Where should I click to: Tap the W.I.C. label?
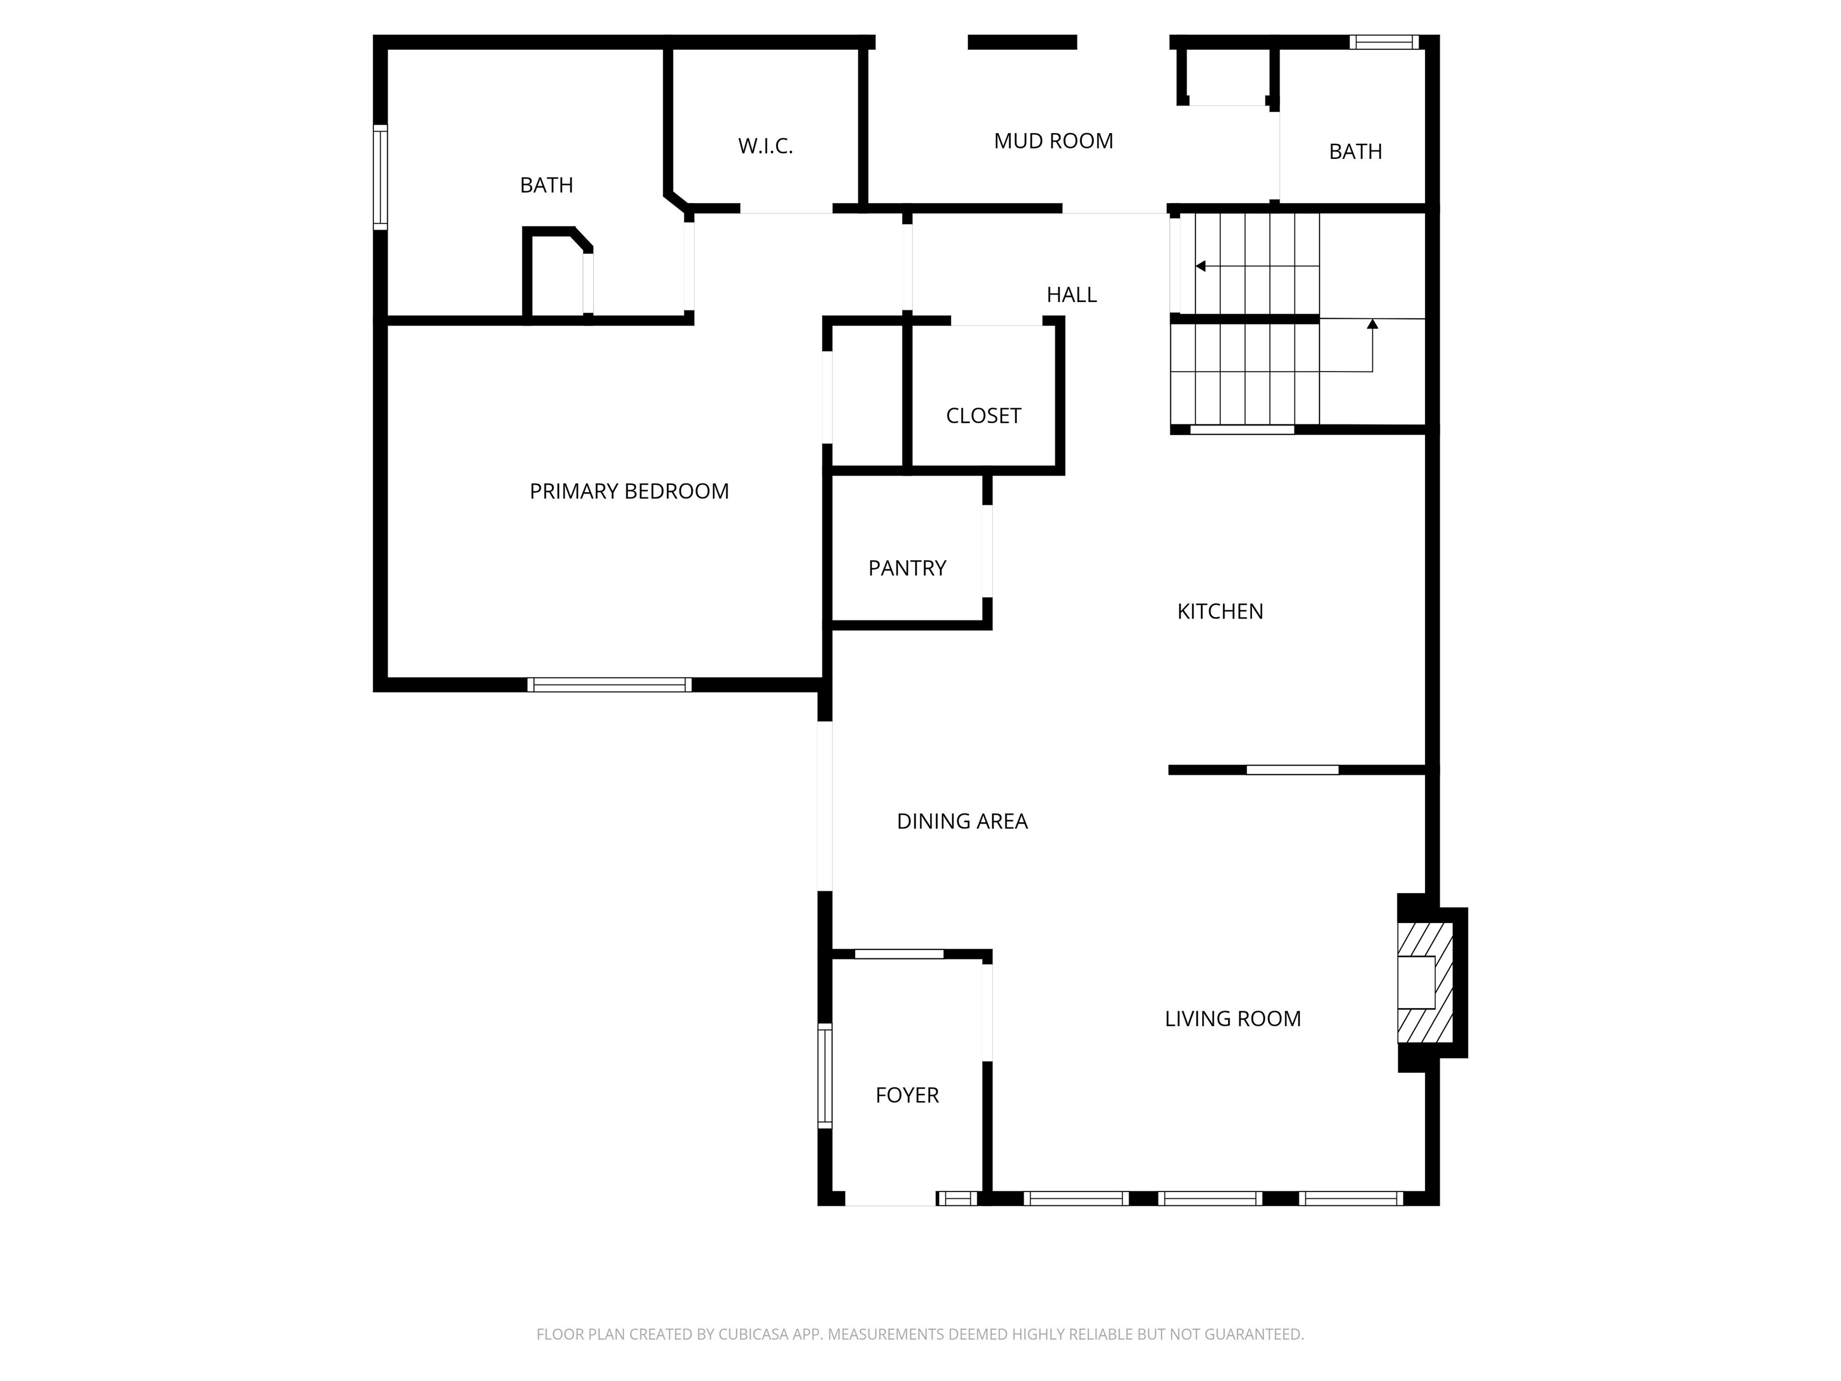pyautogui.click(x=765, y=146)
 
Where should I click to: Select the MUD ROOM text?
pyautogui.click(x=1053, y=141)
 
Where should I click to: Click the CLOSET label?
pyautogui.click(x=983, y=415)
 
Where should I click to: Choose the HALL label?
pyautogui.click(x=1071, y=295)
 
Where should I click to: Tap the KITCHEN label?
pyautogui.click(x=1220, y=612)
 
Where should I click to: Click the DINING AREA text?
pyautogui.click(x=961, y=822)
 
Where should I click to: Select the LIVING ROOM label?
pyautogui.click(x=1232, y=1019)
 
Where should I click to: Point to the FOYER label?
pyautogui.click(x=906, y=1096)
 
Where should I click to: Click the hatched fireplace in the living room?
pyautogui.click(x=1425, y=982)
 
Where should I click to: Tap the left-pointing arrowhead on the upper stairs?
pyautogui.click(x=1200, y=266)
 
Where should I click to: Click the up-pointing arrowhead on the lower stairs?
pyautogui.click(x=1372, y=324)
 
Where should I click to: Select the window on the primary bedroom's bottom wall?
pyautogui.click(x=609, y=685)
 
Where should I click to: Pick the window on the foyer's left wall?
pyautogui.click(x=825, y=1075)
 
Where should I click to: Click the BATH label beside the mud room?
pyautogui.click(x=1355, y=152)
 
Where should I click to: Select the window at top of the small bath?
pyautogui.click(x=1383, y=41)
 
